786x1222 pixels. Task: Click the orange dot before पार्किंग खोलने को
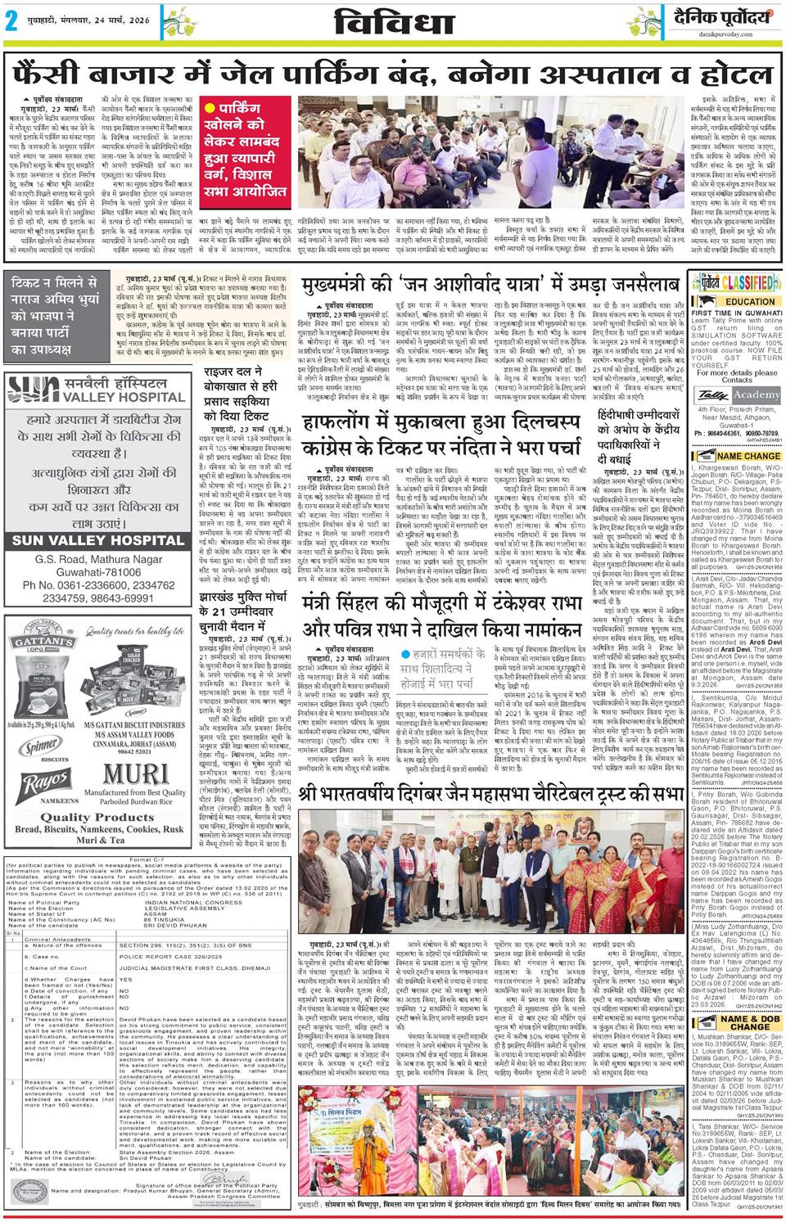pyautogui.click(x=209, y=108)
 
